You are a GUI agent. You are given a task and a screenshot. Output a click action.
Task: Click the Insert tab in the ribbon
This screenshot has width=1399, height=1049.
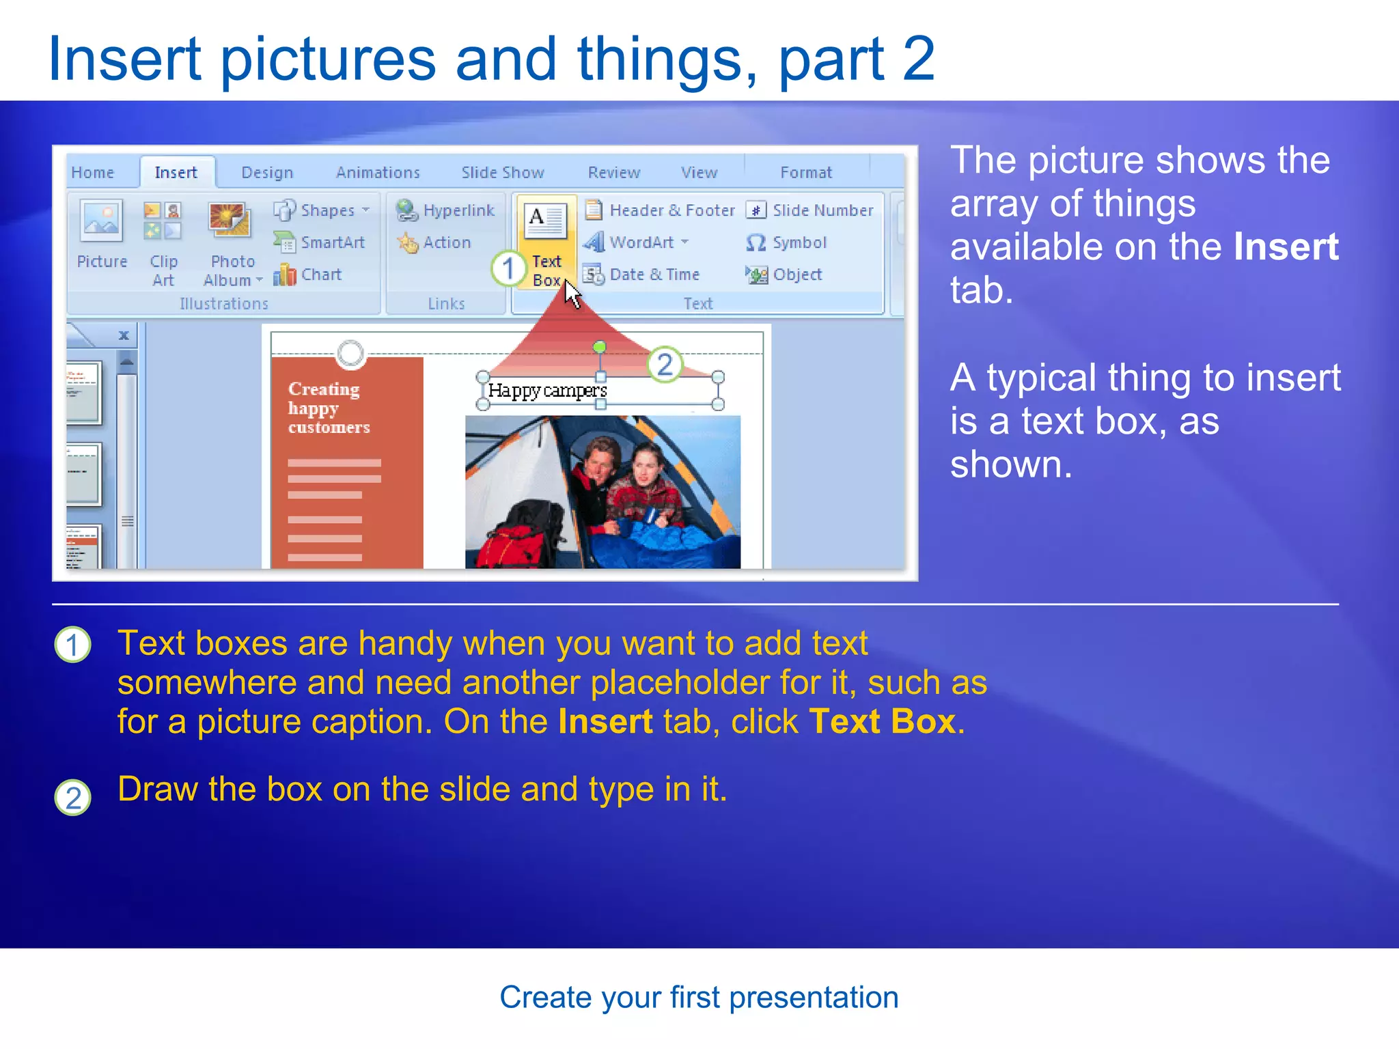pos(176,173)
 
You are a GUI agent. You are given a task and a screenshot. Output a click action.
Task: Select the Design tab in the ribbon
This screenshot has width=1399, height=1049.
pos(267,173)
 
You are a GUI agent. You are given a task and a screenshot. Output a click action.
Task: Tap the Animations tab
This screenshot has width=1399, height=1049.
pos(378,173)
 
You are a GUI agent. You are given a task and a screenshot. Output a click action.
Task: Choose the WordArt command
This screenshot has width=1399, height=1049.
pos(641,242)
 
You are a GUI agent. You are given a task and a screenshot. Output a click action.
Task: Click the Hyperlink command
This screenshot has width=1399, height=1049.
pos(458,210)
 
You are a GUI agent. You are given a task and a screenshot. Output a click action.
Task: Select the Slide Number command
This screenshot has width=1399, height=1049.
pos(822,210)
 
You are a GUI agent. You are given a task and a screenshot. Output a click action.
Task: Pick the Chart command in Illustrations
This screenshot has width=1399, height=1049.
pos(320,275)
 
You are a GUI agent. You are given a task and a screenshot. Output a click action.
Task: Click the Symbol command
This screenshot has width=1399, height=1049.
pos(798,242)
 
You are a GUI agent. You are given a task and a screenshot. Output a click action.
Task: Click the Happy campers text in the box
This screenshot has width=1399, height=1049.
pos(547,391)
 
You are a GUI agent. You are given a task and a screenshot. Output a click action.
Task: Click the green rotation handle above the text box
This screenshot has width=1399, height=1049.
pos(599,348)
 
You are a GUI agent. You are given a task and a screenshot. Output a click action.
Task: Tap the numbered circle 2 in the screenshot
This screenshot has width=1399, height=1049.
pos(665,365)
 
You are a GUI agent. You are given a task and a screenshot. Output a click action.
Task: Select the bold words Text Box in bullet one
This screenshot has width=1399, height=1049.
pos(882,722)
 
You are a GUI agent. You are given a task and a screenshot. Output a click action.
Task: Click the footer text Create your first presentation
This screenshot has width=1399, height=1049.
pos(699,998)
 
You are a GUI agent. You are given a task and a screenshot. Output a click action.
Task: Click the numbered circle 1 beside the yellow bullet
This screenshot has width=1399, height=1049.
pos(72,645)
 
